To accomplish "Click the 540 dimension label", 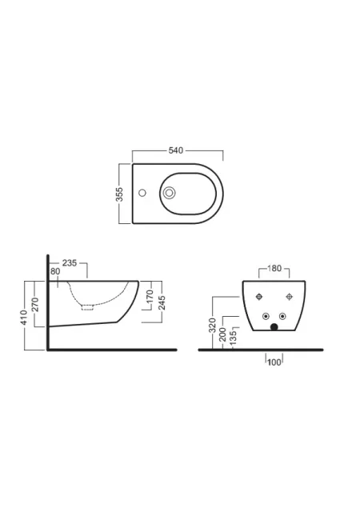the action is pyautogui.click(x=176, y=150).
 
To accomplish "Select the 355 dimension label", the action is pyautogui.click(x=119, y=194).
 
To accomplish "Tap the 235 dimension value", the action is pyautogui.click(x=70, y=263).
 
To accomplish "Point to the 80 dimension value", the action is pyautogui.click(x=55, y=271).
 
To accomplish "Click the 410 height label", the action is pyautogui.click(x=24, y=318).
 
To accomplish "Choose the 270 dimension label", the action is pyautogui.click(x=35, y=304).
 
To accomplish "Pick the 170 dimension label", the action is pyautogui.click(x=150, y=297).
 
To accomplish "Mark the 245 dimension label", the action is pyautogui.click(x=162, y=302).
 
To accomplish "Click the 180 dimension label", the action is pyautogui.click(x=274, y=269).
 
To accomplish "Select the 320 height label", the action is pyautogui.click(x=212, y=326).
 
